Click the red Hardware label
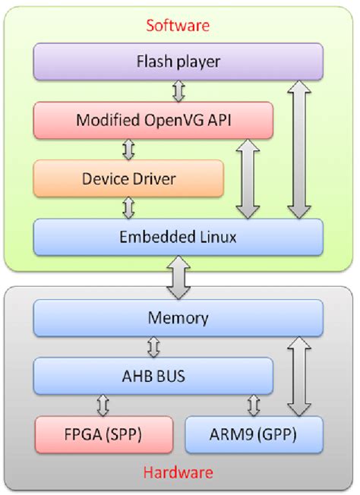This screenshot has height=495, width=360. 179,472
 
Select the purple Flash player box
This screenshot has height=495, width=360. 178,61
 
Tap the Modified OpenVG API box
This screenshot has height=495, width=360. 153,120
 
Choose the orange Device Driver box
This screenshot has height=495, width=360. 128,178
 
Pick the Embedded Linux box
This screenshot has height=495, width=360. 178,237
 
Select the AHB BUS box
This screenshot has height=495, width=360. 153,376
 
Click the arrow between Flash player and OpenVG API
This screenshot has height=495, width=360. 179,91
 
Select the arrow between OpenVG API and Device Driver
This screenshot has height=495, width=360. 129,150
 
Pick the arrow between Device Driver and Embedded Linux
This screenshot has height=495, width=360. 129,207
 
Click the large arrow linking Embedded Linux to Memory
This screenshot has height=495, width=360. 179,276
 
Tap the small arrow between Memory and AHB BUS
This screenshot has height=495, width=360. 153,346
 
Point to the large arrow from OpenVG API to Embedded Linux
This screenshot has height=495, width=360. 248,178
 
